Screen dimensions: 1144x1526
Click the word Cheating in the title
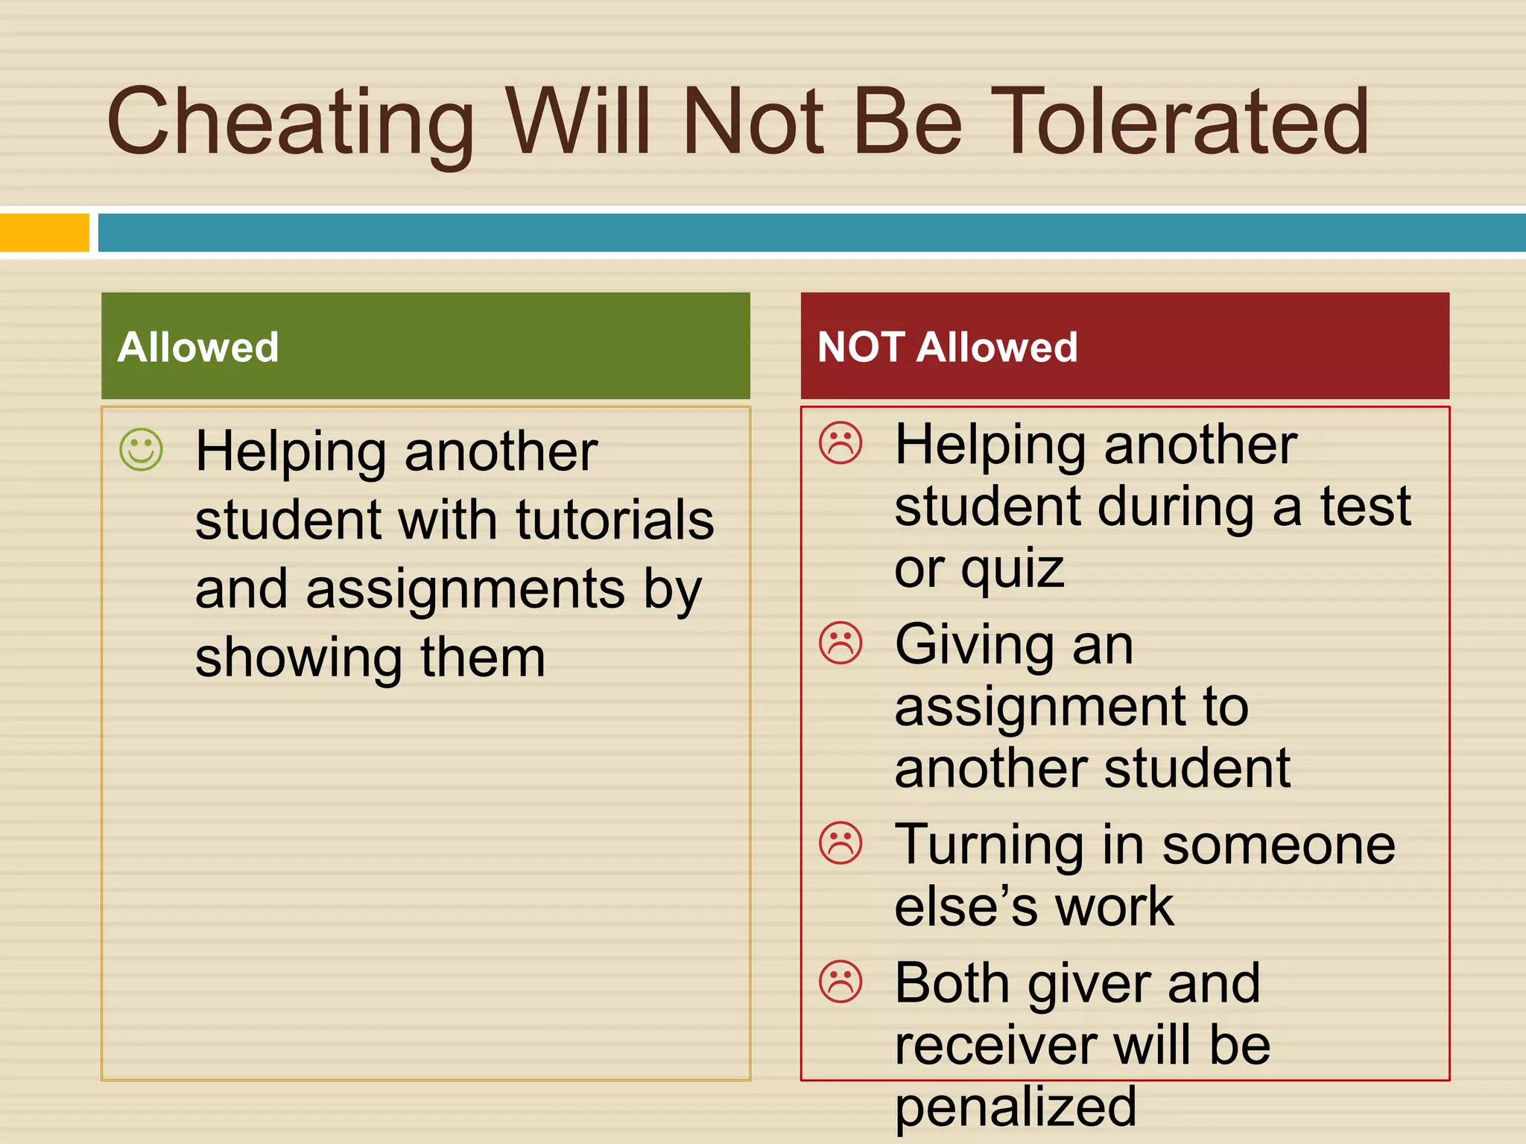click(x=291, y=123)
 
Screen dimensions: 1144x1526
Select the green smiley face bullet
click(x=141, y=449)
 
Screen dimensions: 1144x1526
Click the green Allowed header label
click(x=198, y=347)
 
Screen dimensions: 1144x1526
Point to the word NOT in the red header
click(x=861, y=347)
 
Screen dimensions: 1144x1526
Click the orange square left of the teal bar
click(x=44, y=232)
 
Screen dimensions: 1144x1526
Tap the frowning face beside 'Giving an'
click(x=840, y=642)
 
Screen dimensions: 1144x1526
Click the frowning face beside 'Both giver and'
click(x=840, y=981)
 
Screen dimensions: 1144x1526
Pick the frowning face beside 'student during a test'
click(x=840, y=443)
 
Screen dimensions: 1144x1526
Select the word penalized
click(x=1016, y=1108)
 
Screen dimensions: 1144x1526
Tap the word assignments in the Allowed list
click(x=466, y=590)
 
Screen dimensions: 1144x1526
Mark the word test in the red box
click(x=1366, y=507)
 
